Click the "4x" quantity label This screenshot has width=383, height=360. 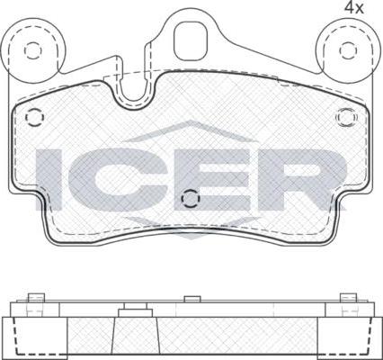(x=353, y=7)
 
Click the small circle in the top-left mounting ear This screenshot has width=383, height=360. (x=31, y=50)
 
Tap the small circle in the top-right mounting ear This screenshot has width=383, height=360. (x=348, y=50)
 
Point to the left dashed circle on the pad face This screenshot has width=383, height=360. (x=35, y=117)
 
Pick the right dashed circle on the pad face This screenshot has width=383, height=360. (x=347, y=117)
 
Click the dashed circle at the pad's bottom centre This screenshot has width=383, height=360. (x=191, y=198)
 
